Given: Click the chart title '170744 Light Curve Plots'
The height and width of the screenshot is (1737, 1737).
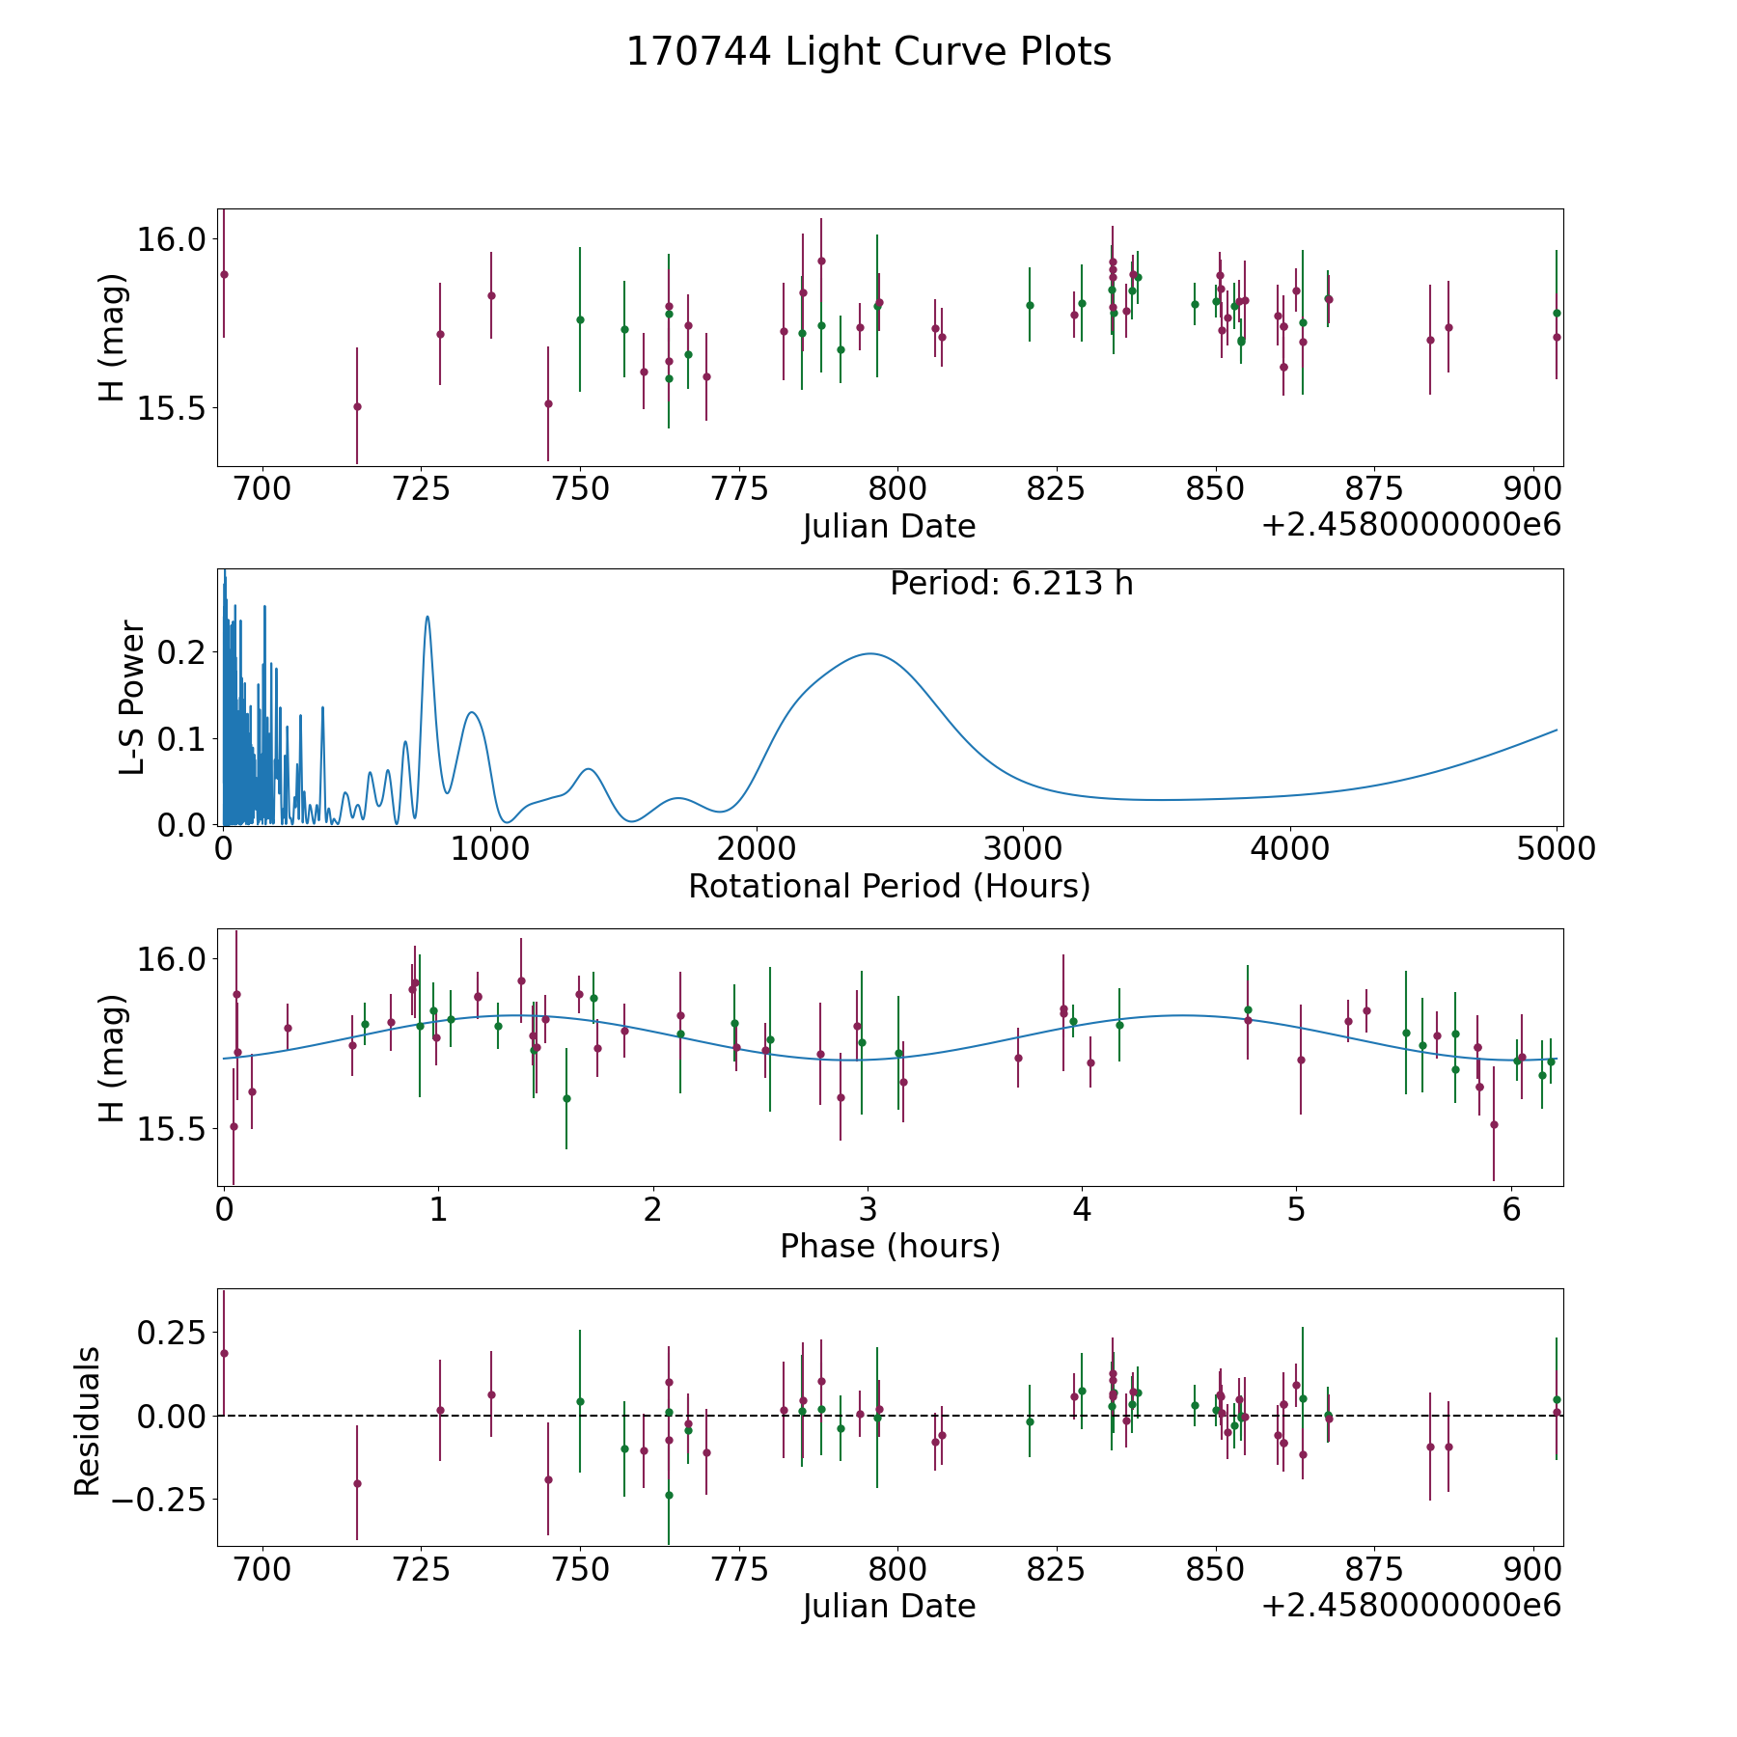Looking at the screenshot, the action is pos(868,52).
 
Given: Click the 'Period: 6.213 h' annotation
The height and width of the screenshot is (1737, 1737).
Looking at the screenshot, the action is pos(1011,584).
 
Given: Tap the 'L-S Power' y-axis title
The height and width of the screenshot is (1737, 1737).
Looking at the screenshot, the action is pos(133,698).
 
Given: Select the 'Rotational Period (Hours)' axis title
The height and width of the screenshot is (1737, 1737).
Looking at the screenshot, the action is pos(889,886).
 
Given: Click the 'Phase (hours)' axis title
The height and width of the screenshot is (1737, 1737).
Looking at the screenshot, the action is pos(890,1246).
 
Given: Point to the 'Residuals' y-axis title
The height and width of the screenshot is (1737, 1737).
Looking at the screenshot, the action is pos(88,1421).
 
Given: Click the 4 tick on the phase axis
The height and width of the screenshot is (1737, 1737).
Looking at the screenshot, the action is pos(1082,1209).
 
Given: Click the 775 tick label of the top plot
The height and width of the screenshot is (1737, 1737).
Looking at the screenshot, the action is pos(739,488).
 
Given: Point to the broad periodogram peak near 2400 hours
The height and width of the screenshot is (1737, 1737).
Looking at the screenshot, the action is pos(870,653).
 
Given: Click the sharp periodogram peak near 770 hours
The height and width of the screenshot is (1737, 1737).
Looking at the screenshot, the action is pos(427,617).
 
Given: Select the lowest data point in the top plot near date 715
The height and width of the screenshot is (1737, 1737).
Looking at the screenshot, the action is pos(357,406).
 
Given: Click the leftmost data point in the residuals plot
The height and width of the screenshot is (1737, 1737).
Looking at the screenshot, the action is pos(224,1353).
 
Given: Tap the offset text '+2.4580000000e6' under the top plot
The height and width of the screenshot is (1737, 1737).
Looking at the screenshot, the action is pos(1411,525).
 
